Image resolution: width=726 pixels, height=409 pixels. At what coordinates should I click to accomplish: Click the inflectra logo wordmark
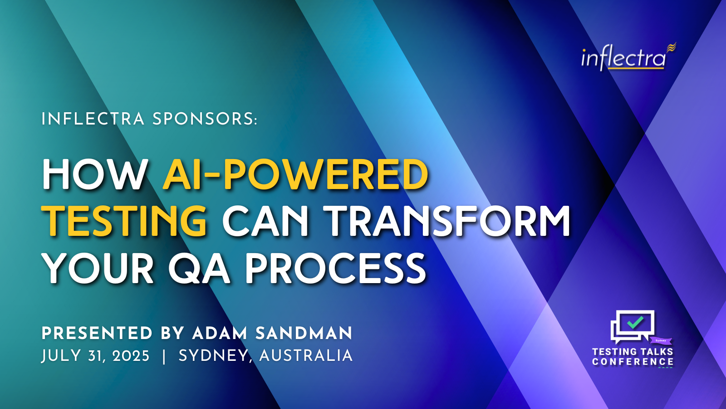point(628,57)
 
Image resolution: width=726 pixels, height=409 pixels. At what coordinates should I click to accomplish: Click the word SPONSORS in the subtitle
point(205,119)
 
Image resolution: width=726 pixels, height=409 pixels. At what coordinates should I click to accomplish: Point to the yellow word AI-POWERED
point(295,175)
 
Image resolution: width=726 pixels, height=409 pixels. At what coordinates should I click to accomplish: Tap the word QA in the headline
point(199,269)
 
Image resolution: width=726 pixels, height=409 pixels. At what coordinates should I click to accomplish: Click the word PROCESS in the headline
point(335,269)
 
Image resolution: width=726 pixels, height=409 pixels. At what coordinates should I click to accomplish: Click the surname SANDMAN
point(304,334)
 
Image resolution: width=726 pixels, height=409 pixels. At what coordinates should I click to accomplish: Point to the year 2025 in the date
point(131,356)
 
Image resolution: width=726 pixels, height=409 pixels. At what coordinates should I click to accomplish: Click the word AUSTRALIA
point(306,356)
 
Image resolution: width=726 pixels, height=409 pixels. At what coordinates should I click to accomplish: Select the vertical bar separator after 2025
point(164,356)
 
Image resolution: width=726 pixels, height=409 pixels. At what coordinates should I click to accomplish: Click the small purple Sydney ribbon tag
point(661,340)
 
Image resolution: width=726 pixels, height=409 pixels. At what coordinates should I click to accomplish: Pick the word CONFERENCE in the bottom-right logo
point(633,362)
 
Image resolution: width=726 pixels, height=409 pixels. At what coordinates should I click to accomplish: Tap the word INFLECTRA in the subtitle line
point(93,119)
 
